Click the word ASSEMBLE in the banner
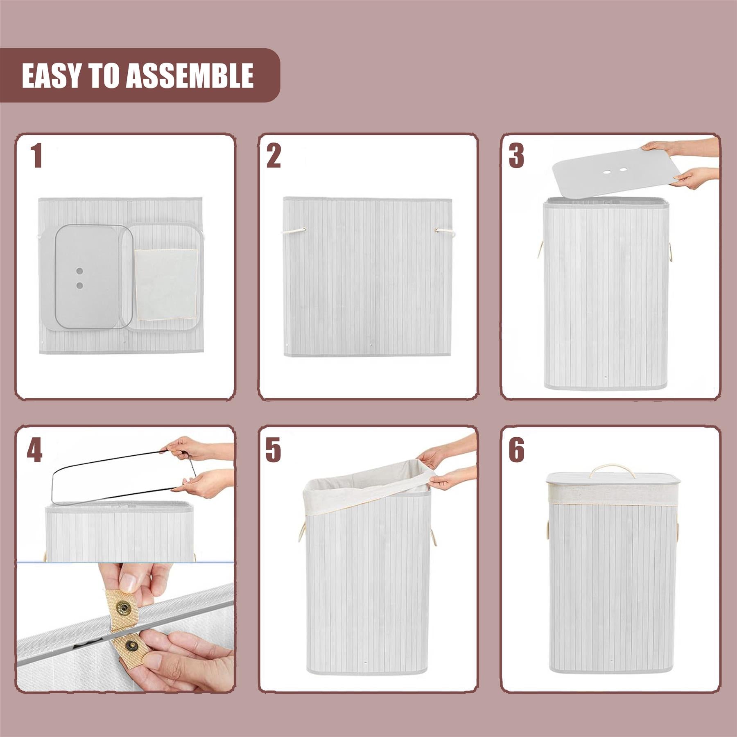190,76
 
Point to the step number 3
516,156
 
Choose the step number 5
273,450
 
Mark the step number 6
516,450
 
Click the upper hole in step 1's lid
80,271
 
